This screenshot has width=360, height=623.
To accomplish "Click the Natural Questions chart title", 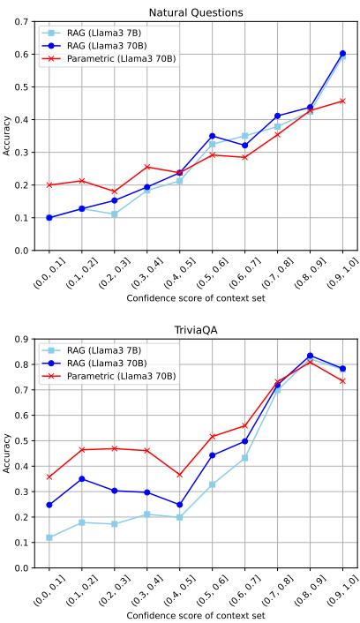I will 195,12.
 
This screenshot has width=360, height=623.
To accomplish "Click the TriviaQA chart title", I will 195,330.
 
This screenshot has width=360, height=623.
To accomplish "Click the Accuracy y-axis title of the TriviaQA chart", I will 8,454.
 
